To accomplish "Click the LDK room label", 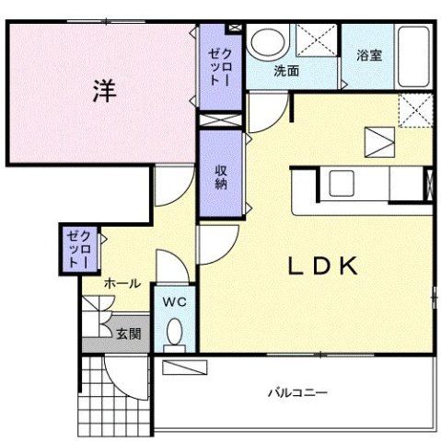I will (x=322, y=267).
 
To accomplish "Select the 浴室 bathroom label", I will (x=370, y=54).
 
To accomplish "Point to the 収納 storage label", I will (x=221, y=175).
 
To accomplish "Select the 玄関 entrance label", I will (x=128, y=334).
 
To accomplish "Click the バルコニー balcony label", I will (x=297, y=392).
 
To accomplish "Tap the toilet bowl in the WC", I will (x=174, y=334).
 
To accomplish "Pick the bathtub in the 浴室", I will (x=414, y=57).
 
